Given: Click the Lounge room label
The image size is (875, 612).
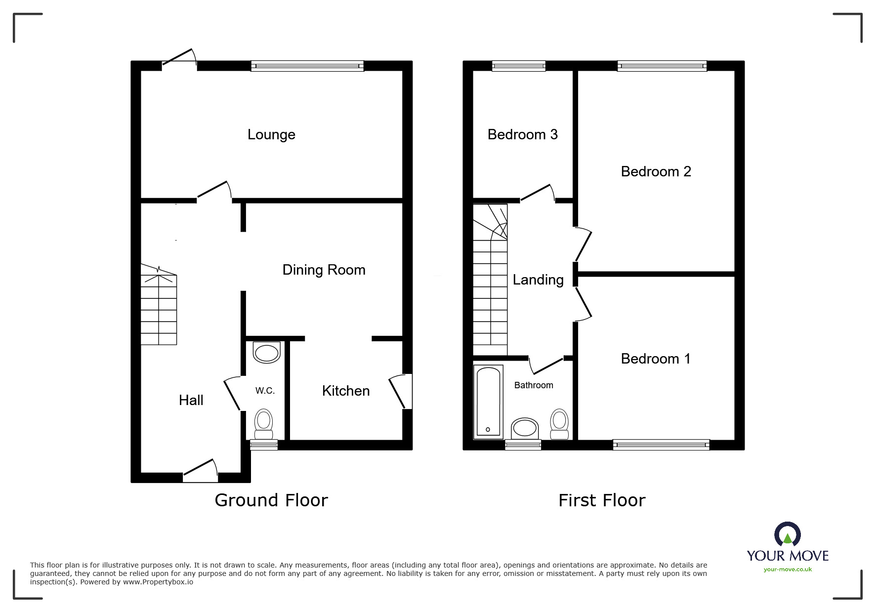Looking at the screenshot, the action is pos(271,135).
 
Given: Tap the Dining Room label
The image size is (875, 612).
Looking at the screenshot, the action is pos(324,270).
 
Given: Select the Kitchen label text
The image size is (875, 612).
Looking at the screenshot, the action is pos(346,391).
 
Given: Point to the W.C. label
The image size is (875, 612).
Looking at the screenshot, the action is pos(265,391).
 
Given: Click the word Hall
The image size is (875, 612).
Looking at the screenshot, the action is pos(191,400).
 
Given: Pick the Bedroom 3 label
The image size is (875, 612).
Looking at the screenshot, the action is pos(522,134).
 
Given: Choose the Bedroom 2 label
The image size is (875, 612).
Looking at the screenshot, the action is pos(656,171).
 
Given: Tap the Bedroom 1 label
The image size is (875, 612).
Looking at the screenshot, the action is pos(656,359).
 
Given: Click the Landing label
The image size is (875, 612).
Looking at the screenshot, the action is pos(538,280).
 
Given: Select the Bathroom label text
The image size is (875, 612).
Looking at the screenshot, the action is pos(534,385).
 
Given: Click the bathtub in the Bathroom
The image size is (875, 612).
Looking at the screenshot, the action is pos(488,402).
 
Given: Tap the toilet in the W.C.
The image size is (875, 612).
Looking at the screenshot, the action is pos(264,424).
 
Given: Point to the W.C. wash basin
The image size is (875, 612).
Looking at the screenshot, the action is pos(266,353).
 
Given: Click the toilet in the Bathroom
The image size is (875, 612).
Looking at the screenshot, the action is pos(559,424).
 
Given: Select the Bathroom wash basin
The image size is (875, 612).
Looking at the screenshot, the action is pos(525,428).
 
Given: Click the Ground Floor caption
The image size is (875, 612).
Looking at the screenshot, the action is pos(271,500).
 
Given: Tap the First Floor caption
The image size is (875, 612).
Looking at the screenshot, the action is pos(602,500).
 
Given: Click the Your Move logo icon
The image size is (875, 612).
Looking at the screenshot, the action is pos(788,534).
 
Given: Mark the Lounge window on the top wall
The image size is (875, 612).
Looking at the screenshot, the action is pos(307,66).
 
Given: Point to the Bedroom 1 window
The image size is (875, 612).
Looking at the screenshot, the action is pos(661,445).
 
